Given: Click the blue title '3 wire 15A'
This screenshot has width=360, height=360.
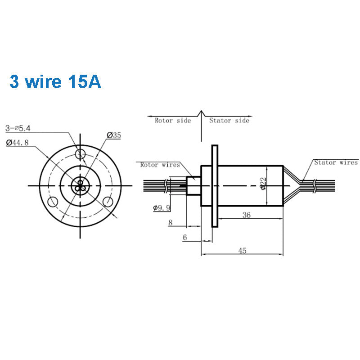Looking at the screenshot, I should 55,82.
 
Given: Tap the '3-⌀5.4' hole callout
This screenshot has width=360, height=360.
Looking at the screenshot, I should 18,128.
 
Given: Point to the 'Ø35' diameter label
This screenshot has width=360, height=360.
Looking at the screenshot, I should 114,135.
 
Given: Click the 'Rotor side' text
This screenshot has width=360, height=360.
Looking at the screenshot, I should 173,121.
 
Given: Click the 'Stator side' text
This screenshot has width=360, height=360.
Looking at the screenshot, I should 229,121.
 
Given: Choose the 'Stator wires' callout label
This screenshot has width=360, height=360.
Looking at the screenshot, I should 336,162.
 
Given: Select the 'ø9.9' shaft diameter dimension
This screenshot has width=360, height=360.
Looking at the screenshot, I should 162,207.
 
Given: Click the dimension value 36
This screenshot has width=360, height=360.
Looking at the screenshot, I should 246,215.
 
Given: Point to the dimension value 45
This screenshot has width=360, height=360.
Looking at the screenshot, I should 242,251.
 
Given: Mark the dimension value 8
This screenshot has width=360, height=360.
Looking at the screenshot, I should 170,222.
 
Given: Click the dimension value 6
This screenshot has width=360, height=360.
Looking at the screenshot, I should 184,238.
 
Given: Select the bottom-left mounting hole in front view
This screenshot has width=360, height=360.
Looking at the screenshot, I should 54,201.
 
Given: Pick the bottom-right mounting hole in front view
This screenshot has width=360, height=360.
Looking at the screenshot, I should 108,201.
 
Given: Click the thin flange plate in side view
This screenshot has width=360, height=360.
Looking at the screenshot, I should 215,185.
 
